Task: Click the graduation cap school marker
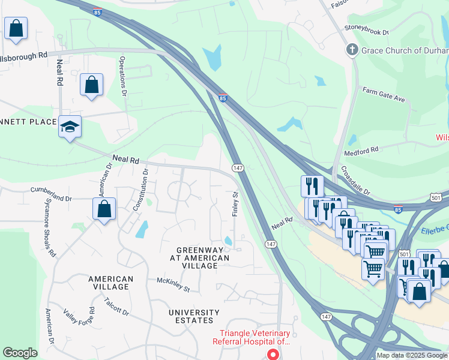tap(70, 127)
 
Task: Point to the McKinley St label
tap(173, 284)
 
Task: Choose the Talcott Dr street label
tap(116, 307)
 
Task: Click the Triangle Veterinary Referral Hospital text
tap(255, 337)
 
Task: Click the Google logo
tap(20, 353)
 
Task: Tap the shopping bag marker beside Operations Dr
tap(91, 85)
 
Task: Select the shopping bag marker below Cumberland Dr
tap(104, 209)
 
